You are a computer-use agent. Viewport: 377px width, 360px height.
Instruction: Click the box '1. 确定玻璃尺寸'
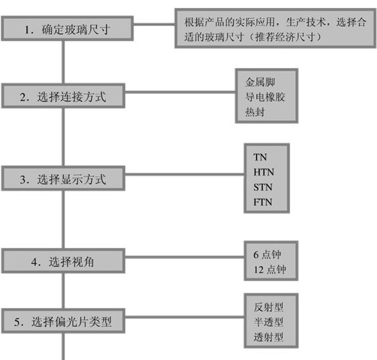(67, 28)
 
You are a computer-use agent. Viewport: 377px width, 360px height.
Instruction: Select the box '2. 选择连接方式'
(63, 95)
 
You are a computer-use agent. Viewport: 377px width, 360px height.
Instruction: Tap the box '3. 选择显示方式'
(63, 179)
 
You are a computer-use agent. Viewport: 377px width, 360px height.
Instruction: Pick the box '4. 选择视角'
(63, 261)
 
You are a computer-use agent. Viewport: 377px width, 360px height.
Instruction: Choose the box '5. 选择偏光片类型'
(63, 321)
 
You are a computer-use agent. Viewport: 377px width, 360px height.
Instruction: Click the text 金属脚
(260, 82)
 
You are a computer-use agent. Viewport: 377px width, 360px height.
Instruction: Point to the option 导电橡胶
(265, 97)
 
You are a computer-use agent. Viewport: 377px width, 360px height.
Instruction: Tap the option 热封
(255, 112)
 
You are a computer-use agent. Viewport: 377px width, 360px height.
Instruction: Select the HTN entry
(263, 172)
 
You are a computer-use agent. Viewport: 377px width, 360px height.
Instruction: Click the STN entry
(263, 187)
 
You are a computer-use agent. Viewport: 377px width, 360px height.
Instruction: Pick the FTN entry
(263, 202)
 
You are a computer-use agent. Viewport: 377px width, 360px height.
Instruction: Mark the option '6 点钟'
(267, 254)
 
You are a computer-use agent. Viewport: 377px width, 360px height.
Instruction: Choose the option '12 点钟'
(270, 270)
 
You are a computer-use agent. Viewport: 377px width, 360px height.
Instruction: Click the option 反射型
(268, 307)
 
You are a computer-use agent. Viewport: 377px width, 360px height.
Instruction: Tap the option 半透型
(268, 322)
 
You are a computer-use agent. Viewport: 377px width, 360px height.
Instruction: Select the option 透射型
(268, 337)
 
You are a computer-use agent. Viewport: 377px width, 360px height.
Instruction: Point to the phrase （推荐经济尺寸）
(285, 37)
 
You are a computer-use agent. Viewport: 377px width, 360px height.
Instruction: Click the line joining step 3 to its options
(185, 174)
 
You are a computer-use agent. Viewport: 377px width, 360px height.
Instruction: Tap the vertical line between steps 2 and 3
(63, 137)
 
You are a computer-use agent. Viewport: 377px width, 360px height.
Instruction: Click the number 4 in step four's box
(34, 262)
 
